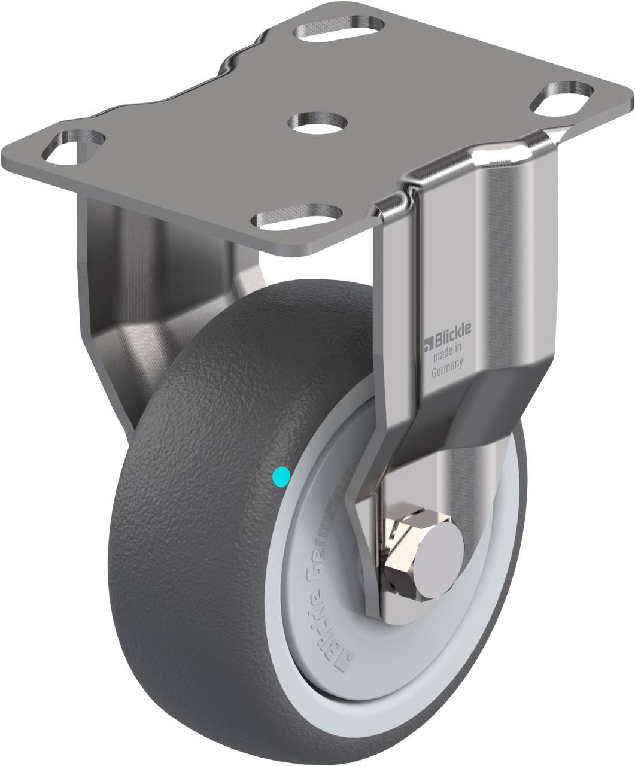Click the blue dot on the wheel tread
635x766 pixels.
click(x=281, y=476)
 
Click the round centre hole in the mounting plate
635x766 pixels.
click(x=318, y=122)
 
